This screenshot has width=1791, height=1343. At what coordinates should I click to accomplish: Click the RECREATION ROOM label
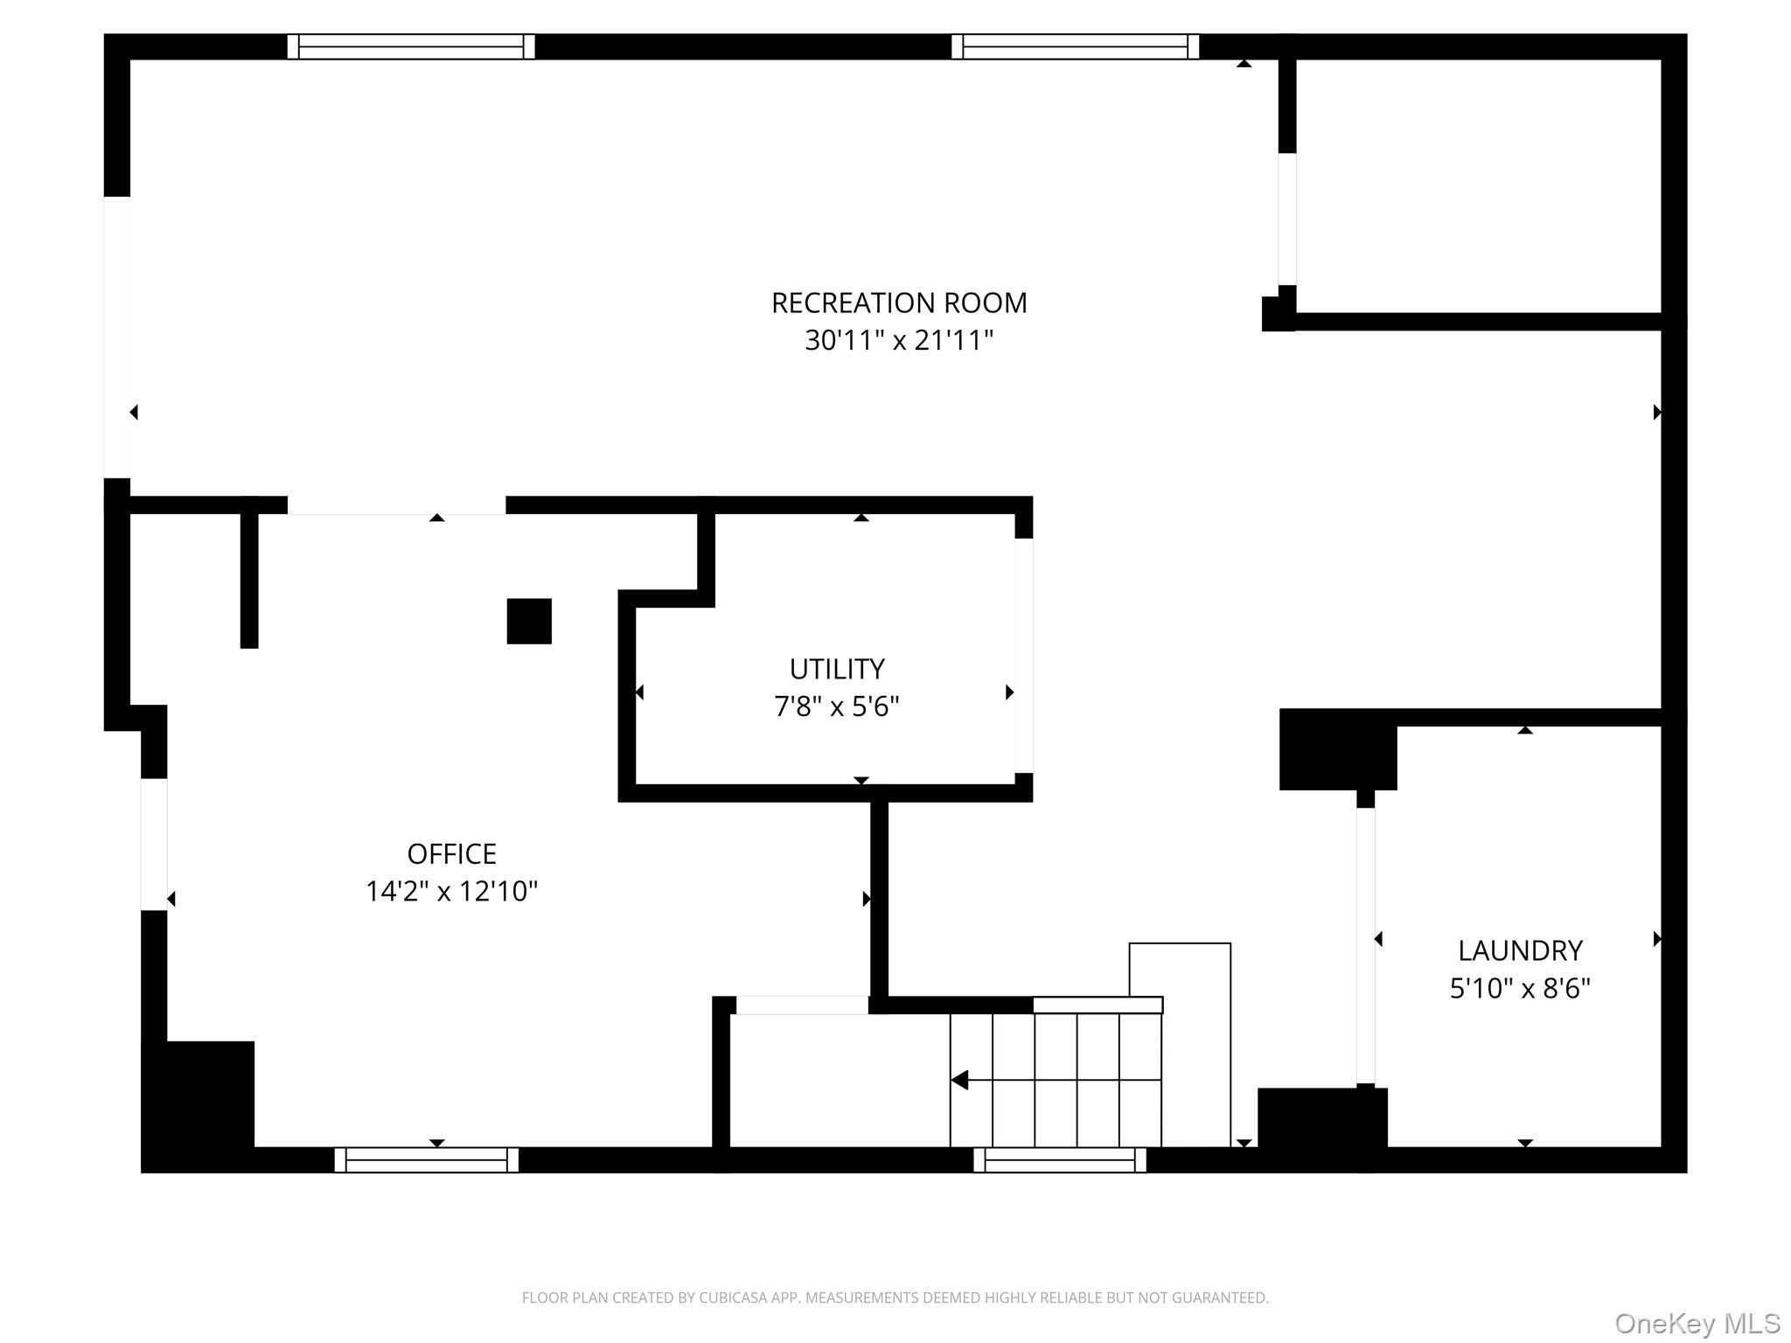pyautogui.click(x=898, y=303)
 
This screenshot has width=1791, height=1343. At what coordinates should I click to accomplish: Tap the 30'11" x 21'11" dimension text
pyautogui.click(x=898, y=340)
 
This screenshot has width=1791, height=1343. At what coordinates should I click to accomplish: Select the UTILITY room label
pyautogui.click(x=837, y=669)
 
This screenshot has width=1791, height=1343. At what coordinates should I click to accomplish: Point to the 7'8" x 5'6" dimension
pyautogui.click(x=837, y=706)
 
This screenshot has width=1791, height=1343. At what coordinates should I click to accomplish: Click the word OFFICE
pyautogui.click(x=451, y=853)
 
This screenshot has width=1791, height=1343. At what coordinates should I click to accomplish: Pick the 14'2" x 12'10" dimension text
pyautogui.click(x=451, y=891)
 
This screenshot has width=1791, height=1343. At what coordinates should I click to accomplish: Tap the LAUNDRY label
pyautogui.click(x=1520, y=950)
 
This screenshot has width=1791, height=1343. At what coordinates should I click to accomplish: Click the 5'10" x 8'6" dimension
pyautogui.click(x=1520, y=988)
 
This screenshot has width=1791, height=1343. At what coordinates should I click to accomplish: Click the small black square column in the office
pyautogui.click(x=529, y=621)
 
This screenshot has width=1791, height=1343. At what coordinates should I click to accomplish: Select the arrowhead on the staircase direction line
pyautogui.click(x=959, y=1080)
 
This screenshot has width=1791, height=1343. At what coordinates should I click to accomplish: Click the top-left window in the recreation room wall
pyautogui.click(x=411, y=46)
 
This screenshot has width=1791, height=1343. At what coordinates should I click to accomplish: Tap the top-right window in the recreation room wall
pyautogui.click(x=1075, y=46)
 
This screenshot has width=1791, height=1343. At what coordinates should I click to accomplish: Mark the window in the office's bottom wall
pyautogui.click(x=426, y=1159)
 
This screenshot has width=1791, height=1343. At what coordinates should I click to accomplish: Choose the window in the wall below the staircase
pyautogui.click(x=1059, y=1159)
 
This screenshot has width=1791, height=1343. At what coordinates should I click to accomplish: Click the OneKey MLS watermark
pyautogui.click(x=1697, y=1324)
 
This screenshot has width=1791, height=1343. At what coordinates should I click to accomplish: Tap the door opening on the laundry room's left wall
pyautogui.click(x=1365, y=944)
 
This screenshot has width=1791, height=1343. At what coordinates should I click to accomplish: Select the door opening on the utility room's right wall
pyautogui.click(x=1023, y=655)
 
